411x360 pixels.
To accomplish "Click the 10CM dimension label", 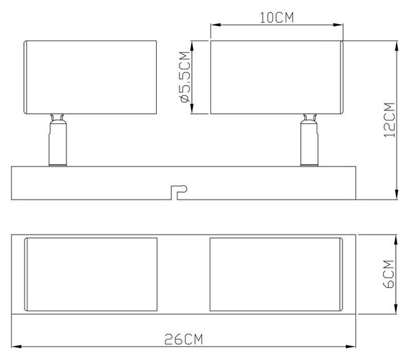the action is point(277,18).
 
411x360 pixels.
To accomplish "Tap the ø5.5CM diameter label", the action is point(185,77).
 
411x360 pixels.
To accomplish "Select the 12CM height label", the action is point(389,119).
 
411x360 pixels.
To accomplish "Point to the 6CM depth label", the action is point(388,274).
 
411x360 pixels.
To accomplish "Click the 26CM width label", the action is point(184,339).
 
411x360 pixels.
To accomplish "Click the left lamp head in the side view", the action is point(90,77).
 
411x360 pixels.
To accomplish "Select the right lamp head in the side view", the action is point(277,77).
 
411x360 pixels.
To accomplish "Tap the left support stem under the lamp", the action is point(58,140).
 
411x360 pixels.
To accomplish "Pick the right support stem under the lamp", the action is point(310,140).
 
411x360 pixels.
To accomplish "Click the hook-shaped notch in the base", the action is point(179,192).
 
